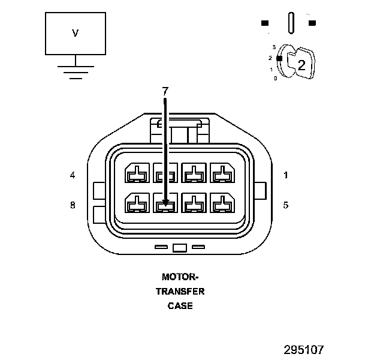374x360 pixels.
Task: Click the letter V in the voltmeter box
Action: (x=75, y=34)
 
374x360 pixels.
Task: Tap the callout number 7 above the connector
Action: (x=165, y=91)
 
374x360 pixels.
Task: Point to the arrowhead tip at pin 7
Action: (x=165, y=205)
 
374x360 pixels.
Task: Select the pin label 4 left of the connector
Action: (x=73, y=175)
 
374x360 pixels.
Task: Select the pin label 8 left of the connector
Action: (x=73, y=205)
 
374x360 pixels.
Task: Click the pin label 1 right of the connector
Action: (x=286, y=175)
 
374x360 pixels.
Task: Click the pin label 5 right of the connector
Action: (x=286, y=205)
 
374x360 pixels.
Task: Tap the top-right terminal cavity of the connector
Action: (x=223, y=173)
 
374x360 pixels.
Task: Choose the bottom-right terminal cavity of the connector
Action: (x=223, y=203)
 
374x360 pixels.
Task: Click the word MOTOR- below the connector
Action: (x=180, y=277)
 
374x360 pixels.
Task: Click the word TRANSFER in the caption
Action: (x=180, y=292)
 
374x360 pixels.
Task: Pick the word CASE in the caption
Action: (x=180, y=306)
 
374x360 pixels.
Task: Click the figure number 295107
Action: (x=304, y=349)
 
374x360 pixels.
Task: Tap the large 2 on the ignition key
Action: (x=301, y=65)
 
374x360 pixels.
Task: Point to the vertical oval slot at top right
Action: (x=291, y=23)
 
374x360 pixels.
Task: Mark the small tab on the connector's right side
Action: (x=260, y=191)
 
